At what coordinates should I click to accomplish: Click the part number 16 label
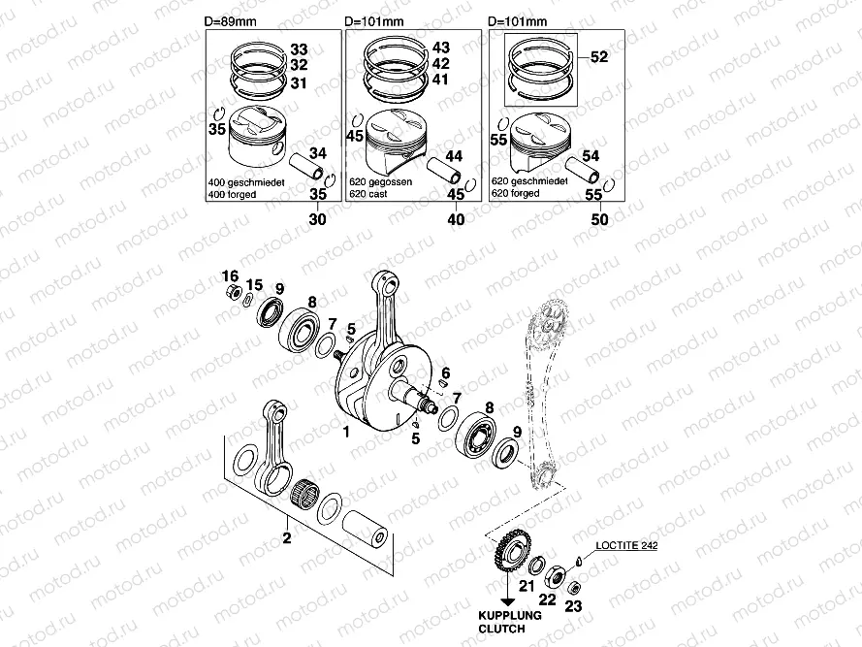[x=230, y=274]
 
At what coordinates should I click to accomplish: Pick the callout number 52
[x=598, y=57]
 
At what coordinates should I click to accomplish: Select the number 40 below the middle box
[x=456, y=219]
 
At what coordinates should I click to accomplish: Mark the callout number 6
[x=446, y=373]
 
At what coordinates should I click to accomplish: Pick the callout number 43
[x=441, y=48]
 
